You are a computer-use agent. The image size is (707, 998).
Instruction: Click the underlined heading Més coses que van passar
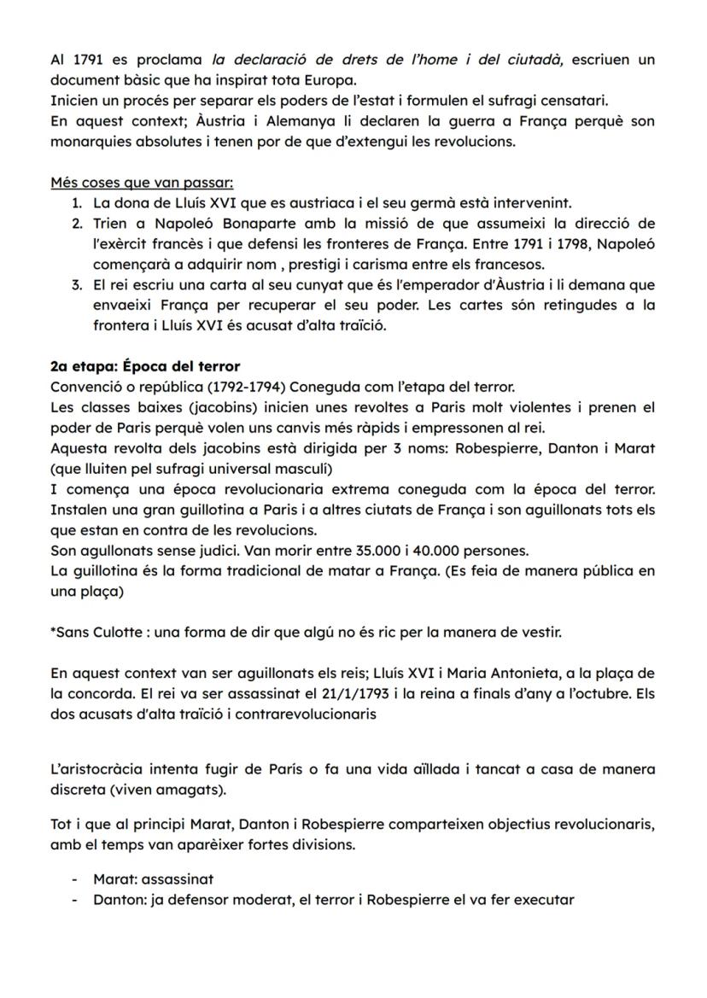tap(142, 183)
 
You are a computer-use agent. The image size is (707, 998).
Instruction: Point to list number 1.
tap(76, 203)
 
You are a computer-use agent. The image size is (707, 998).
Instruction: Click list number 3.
tap(76, 283)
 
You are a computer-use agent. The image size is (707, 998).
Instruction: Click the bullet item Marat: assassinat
tap(154, 878)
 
